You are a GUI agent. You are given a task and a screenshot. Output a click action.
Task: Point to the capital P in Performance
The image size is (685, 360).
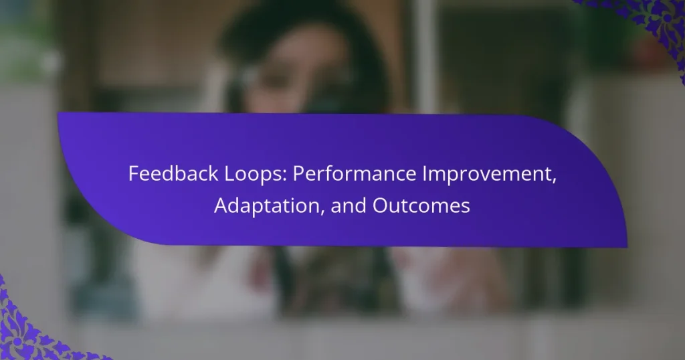(x=299, y=175)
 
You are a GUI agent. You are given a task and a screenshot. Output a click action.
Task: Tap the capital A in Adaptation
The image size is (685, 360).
(x=220, y=206)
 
